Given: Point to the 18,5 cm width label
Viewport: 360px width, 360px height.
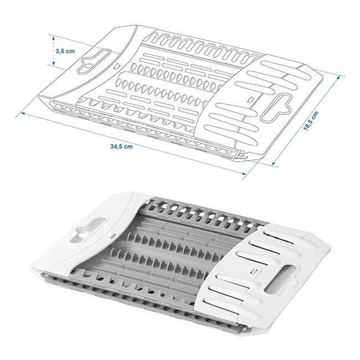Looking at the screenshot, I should click(314, 121).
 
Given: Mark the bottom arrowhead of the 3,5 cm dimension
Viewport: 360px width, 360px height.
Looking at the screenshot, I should click(53, 65).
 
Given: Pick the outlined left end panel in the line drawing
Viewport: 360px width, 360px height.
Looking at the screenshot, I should click(83, 72).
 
